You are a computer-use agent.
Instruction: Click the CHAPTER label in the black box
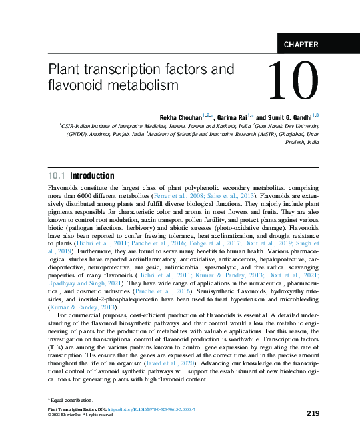pyautogui.click(x=301, y=45)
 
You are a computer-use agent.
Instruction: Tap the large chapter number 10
pyautogui.click(x=293, y=83)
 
